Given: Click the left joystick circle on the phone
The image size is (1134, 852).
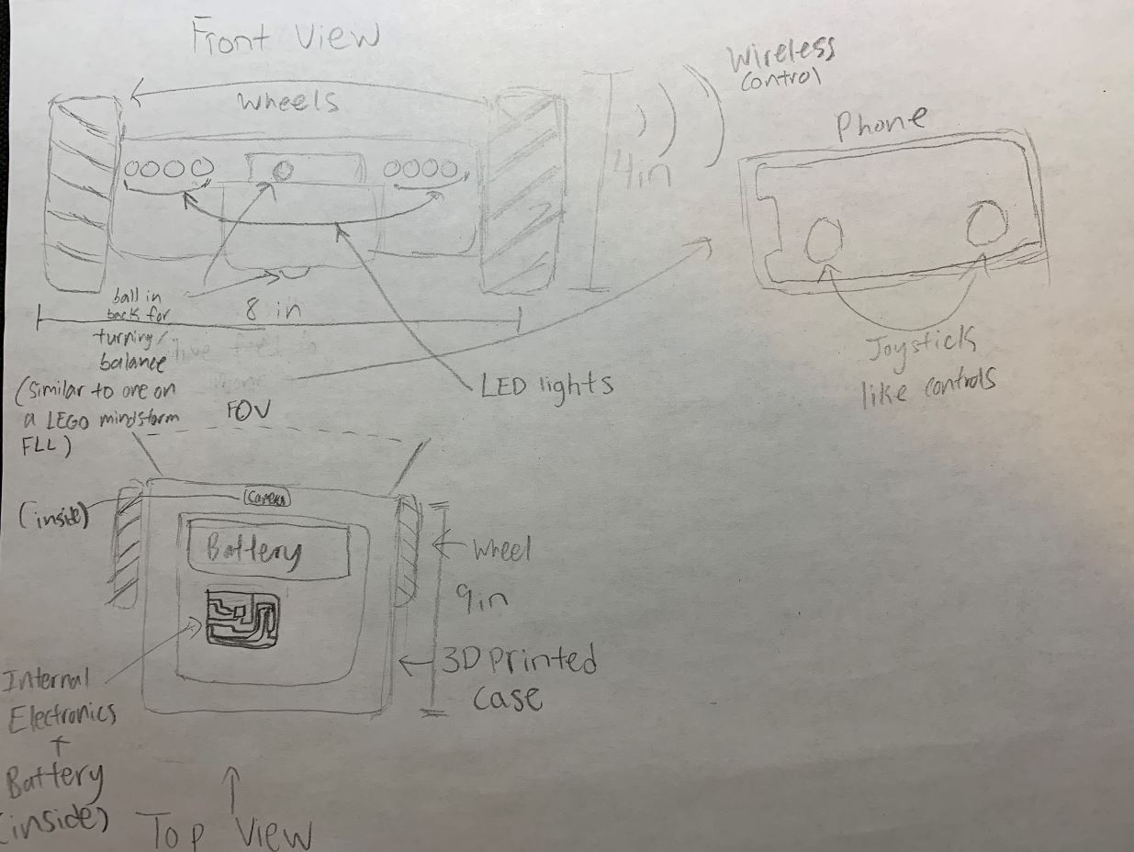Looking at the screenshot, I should tap(823, 241).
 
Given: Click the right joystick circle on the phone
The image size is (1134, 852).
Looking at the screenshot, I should tap(985, 224).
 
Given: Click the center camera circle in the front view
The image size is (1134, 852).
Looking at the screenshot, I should tap(284, 170).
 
